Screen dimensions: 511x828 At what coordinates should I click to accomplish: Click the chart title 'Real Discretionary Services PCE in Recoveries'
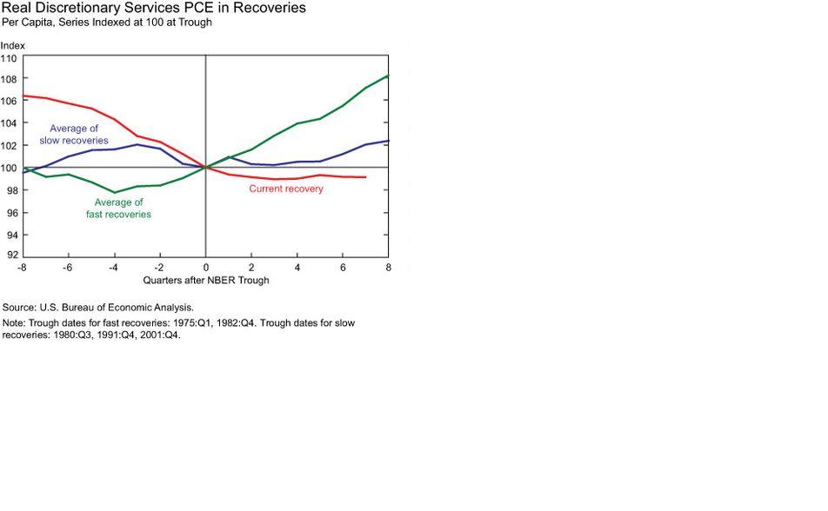click(153, 9)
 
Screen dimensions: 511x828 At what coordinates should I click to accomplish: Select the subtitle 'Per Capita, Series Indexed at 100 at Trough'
click(106, 22)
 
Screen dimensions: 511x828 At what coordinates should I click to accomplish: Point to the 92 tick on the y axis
click(11, 255)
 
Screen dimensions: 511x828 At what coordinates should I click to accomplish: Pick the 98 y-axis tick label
click(11, 190)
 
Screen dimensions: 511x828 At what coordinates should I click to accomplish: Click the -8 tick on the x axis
click(23, 268)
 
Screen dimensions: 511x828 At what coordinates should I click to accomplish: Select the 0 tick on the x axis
click(206, 268)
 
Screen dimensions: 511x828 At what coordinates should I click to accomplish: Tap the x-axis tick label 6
click(343, 268)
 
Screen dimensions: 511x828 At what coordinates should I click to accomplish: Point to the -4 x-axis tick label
click(113, 268)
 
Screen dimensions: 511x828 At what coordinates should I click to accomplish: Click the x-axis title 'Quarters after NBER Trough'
click(205, 281)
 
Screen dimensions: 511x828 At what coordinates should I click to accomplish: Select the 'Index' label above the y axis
click(13, 44)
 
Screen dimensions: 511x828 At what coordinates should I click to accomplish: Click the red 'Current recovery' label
click(286, 189)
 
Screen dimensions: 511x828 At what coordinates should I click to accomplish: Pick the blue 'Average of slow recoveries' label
click(74, 135)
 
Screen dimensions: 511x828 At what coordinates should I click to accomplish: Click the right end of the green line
click(388, 76)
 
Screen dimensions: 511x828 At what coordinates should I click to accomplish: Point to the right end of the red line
click(365, 177)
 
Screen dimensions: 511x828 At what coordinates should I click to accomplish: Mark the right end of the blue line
click(388, 141)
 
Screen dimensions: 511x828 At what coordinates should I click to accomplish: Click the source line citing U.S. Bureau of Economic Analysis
click(98, 308)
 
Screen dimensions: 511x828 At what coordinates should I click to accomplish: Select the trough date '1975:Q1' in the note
click(190, 322)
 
